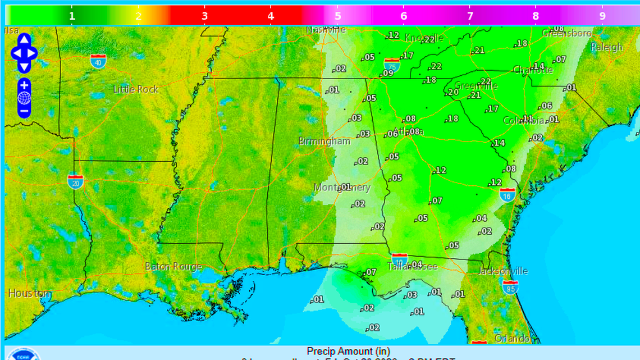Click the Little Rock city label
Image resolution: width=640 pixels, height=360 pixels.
[x=136, y=89]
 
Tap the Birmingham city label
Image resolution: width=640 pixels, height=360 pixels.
[x=324, y=141]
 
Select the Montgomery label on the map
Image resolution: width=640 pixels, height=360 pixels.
[x=342, y=188]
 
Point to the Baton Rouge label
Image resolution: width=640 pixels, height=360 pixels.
[x=173, y=266]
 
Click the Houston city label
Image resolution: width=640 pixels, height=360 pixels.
[x=29, y=293]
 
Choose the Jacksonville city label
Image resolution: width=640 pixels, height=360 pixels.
[x=503, y=271]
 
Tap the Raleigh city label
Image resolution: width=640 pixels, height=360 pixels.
[x=606, y=47]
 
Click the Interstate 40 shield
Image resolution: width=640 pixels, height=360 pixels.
[x=99, y=61]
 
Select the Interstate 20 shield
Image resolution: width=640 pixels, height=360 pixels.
[x=75, y=181]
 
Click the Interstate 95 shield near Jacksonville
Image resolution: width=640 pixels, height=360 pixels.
[x=510, y=288]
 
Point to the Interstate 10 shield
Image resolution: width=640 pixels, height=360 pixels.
[x=399, y=259]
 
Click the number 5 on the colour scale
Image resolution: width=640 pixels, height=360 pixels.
[x=337, y=16]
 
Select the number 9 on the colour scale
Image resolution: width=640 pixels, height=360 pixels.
[x=602, y=16]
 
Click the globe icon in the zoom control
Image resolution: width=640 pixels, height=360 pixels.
[x=24, y=98]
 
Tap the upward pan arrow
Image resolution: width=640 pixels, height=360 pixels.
[x=24, y=40]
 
